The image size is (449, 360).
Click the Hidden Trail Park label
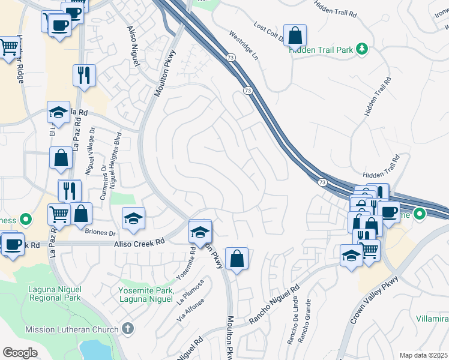tap(321, 50)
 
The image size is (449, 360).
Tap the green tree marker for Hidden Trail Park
tap(362, 48)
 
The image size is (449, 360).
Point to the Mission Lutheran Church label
tap(73, 329)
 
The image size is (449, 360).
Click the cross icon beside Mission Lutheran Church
tap(127, 328)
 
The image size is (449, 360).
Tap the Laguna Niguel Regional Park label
tap(55, 293)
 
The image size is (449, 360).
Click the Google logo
tap(20, 353)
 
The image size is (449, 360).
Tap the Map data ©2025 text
tap(423, 355)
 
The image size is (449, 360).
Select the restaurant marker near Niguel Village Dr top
tap(83, 75)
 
